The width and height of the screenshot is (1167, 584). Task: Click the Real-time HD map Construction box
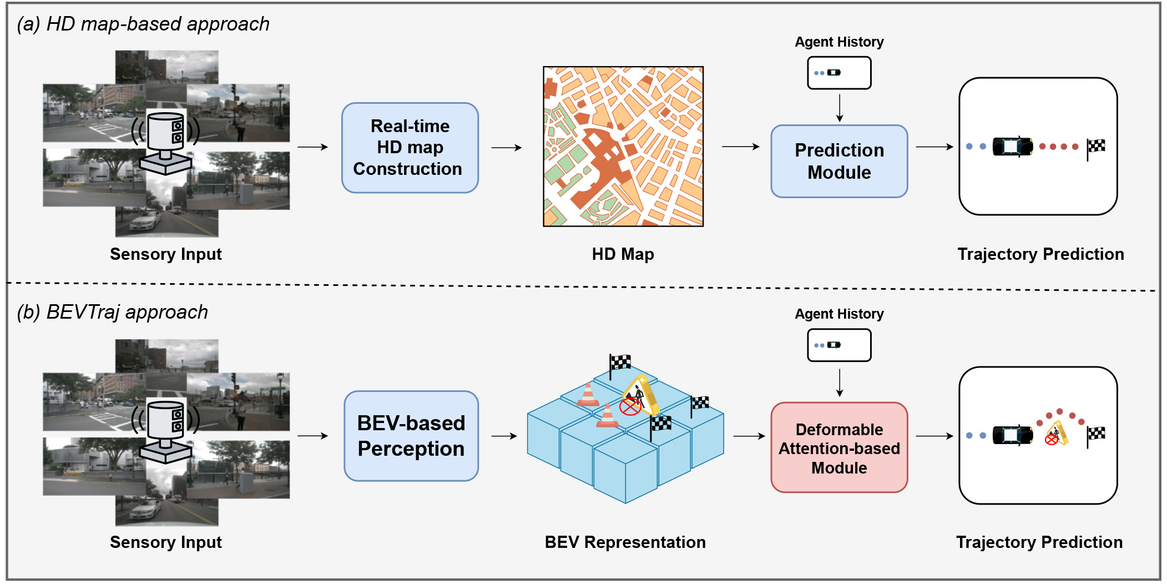pyautogui.click(x=410, y=148)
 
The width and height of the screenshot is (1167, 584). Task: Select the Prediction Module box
pyautogui.click(x=839, y=161)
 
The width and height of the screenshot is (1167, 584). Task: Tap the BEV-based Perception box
pyautogui.click(x=411, y=436)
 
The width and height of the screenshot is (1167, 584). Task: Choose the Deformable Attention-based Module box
pyautogui.click(x=839, y=447)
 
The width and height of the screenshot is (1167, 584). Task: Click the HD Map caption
pyautogui.click(x=623, y=254)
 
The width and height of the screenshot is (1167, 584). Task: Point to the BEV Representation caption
pyautogui.click(x=625, y=542)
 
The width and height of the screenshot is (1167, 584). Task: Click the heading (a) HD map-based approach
pyautogui.click(x=143, y=24)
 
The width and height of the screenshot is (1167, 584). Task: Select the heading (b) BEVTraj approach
pyautogui.click(x=113, y=313)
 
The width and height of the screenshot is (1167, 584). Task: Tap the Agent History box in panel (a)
pyautogui.click(x=839, y=73)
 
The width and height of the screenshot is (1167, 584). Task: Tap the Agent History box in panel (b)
pyautogui.click(x=839, y=345)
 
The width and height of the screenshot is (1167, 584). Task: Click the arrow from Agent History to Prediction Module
pyautogui.click(x=840, y=108)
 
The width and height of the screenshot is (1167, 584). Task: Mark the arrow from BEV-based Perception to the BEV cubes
pyautogui.click(x=504, y=436)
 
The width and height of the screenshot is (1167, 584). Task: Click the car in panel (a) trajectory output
pyautogui.click(x=1013, y=147)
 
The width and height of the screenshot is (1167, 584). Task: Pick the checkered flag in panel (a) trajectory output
pyautogui.click(x=1095, y=149)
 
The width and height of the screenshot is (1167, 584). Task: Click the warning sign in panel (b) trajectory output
pyautogui.click(x=1057, y=434)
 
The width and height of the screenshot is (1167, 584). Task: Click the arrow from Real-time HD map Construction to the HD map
pyautogui.click(x=507, y=148)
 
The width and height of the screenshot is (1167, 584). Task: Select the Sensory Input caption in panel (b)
pyautogui.click(x=166, y=542)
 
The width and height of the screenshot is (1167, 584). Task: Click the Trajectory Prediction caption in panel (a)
pyautogui.click(x=1040, y=254)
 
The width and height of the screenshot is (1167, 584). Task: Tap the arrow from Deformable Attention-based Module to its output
pyautogui.click(x=934, y=436)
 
